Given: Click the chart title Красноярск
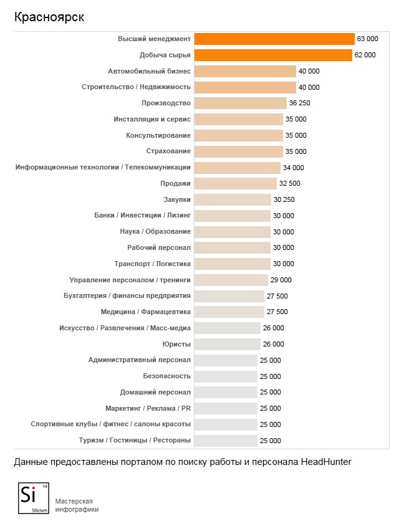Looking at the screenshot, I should tap(49, 17).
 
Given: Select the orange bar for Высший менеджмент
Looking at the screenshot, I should tap(274, 39).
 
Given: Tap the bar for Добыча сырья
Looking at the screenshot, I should tap(273, 55).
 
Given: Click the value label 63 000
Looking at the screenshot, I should tap(367, 39).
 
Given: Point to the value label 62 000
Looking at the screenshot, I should tap(365, 55).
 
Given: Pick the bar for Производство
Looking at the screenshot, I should tap(240, 103).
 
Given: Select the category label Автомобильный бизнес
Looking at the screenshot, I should tap(149, 71).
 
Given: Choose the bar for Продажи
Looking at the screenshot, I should tap(236, 183).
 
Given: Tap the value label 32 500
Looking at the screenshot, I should tap(290, 183).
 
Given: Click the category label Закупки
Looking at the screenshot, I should tap(177, 199).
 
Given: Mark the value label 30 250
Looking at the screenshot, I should tap(284, 199).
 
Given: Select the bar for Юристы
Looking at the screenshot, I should tap(228, 344).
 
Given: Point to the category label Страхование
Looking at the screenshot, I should tap(168, 151).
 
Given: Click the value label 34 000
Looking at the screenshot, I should tap(294, 168).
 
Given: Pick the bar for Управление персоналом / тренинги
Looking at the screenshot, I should tap(231, 280).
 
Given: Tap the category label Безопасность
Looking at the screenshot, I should tap(166, 376).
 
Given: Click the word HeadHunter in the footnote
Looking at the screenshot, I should tap(327, 462).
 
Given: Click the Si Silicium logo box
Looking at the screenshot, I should tap(33, 498).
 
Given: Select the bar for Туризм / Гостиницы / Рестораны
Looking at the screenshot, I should tap(226, 441).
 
